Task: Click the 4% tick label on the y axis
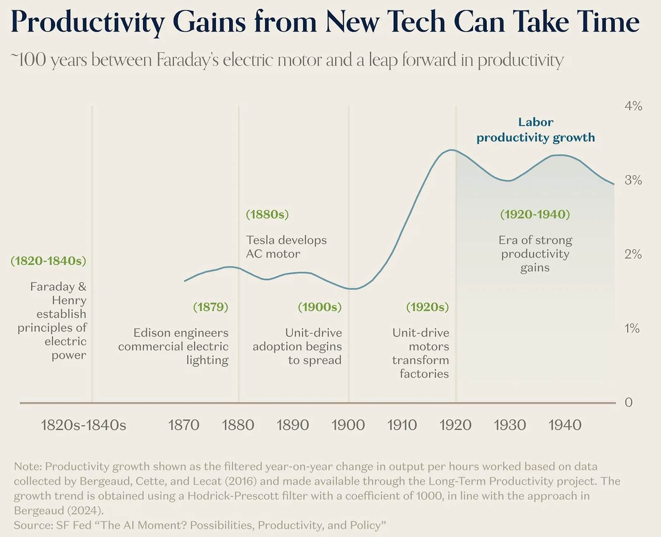pyautogui.click(x=633, y=106)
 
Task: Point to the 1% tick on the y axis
pyautogui.click(x=632, y=328)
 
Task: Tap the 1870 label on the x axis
pyautogui.click(x=184, y=425)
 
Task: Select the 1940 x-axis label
pyautogui.click(x=565, y=425)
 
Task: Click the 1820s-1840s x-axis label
pyautogui.click(x=83, y=425)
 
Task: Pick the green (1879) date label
pyautogui.click(x=210, y=307)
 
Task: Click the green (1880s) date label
pyautogui.click(x=267, y=214)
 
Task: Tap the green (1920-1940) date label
pyautogui.click(x=535, y=214)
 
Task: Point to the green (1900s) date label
pyautogui.click(x=320, y=307)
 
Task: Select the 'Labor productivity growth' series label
pyautogui.click(x=536, y=129)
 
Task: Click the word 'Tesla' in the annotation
pyautogui.click(x=260, y=240)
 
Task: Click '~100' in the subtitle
pyautogui.click(x=28, y=60)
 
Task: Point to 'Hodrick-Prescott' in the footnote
pyautogui.click(x=233, y=496)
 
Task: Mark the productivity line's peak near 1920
pyautogui.click(x=452, y=150)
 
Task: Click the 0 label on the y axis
pyautogui.click(x=628, y=402)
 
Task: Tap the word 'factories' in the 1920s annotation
pyautogui.click(x=424, y=374)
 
